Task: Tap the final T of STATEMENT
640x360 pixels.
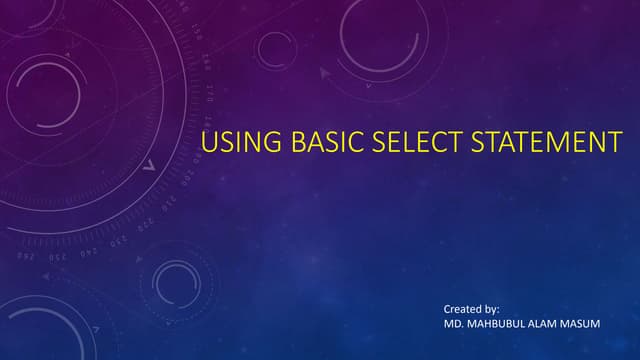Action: tap(614, 143)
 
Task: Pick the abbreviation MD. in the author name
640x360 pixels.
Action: tap(453, 326)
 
